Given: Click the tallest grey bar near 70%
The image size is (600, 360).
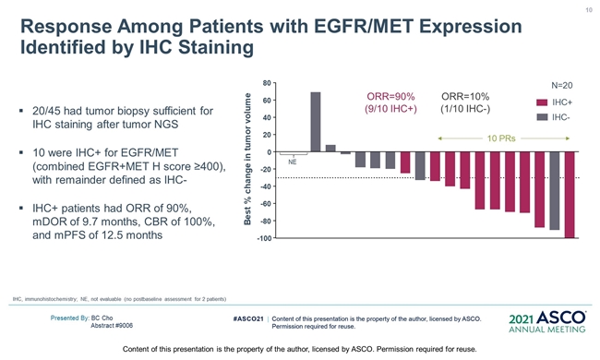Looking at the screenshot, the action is point(316,122).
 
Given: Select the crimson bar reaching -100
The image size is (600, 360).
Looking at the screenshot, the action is point(570,195).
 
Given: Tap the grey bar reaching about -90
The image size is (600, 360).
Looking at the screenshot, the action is point(555,190).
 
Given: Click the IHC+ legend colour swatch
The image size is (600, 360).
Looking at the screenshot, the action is point(542,102).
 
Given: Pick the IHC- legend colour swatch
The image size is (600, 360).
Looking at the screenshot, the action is point(542,117).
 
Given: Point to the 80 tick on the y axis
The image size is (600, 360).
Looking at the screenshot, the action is point(267,83).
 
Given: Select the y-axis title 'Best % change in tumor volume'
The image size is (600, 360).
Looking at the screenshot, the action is point(247,159).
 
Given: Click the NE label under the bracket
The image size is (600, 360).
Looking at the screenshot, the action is point(293,162).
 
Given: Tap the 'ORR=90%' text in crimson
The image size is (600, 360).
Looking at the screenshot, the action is point(390,96).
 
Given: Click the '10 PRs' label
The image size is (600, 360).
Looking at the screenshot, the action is point(501,138).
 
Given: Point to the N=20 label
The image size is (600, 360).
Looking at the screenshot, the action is point(562,85).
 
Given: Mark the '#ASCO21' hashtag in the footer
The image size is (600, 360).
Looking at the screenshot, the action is point(248,318).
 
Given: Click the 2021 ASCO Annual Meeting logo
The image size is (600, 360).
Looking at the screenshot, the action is point(547,322).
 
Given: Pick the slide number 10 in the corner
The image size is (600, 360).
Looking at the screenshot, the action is point(589,10).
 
